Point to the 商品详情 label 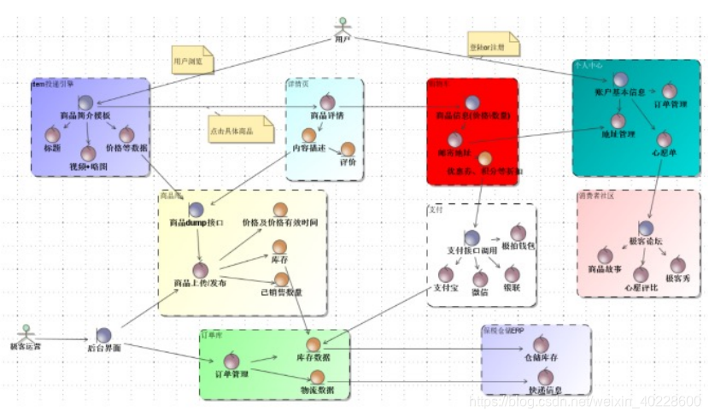pyautogui.click(x=327, y=115)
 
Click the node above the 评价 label pyautogui.click(x=348, y=149)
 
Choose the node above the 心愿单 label pyautogui.click(x=664, y=139)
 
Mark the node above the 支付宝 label pyautogui.click(x=443, y=274)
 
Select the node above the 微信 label pyautogui.click(x=480, y=279)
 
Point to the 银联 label pyautogui.click(x=513, y=290)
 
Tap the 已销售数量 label pyautogui.click(x=282, y=292)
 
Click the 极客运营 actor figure pyautogui.click(x=26, y=332)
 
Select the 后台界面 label pyautogui.click(x=104, y=348)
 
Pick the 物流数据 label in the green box pyautogui.click(x=316, y=390)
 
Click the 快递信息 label pyautogui.click(x=542, y=391)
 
